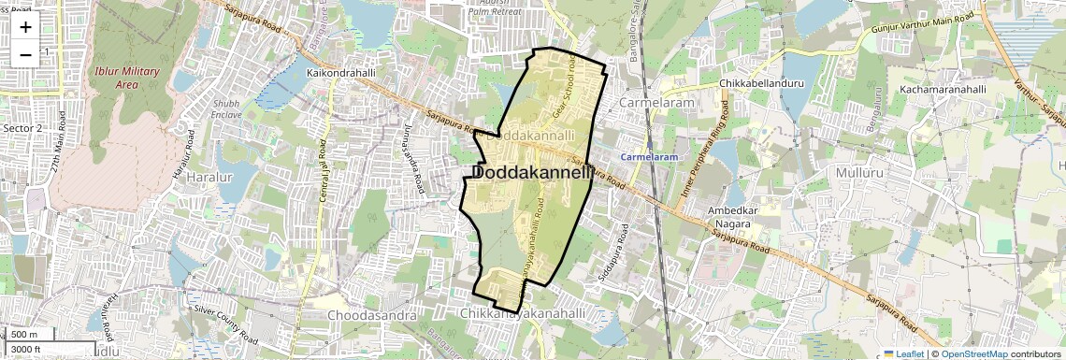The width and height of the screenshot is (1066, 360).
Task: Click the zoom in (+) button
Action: pos(25,26)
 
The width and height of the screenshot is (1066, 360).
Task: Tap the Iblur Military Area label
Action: pos(116,77)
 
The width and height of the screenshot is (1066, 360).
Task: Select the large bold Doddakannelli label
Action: pos(532,173)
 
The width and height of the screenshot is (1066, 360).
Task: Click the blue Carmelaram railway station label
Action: pos(649,157)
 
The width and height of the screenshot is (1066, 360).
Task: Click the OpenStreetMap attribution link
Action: pos(973,353)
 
